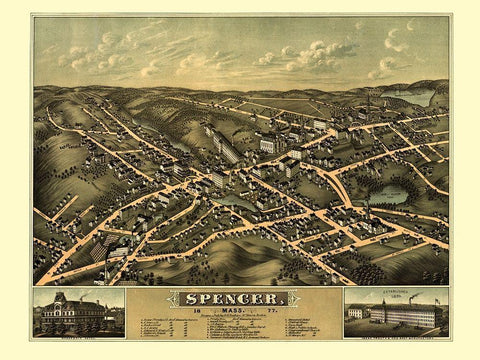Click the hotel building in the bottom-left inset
tap(78, 317)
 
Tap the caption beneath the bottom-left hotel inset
tap(78, 338)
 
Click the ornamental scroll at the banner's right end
tap(301, 299)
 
